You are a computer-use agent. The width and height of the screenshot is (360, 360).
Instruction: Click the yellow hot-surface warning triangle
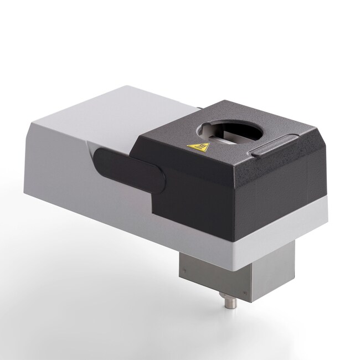point(198,147)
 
